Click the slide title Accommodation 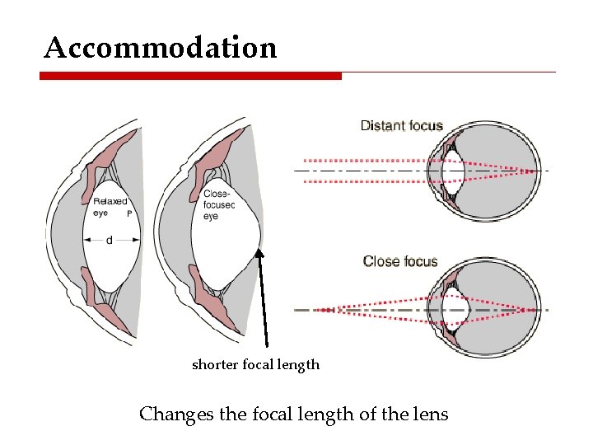coord(161,48)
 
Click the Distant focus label coord(401,126)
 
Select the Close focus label coord(400,261)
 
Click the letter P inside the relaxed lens coord(129,213)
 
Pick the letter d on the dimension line coord(110,240)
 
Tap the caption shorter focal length coord(255,364)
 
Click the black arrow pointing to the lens coord(264,297)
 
